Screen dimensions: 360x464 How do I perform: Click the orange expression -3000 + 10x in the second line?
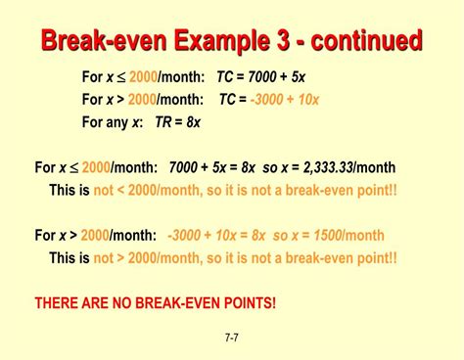click(x=285, y=99)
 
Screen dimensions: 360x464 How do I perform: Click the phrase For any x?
click(x=112, y=122)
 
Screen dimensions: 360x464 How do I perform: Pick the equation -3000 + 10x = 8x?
click(x=217, y=236)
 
